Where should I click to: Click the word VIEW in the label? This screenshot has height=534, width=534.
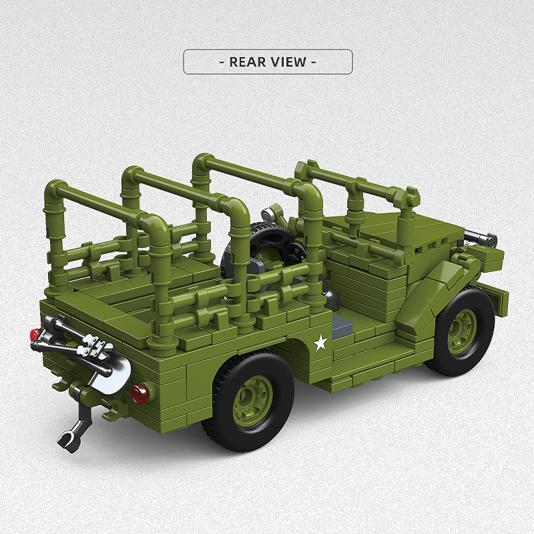(288, 62)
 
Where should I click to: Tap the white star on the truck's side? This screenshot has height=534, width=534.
(321, 343)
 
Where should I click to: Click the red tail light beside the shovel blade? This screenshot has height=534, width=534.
(139, 394)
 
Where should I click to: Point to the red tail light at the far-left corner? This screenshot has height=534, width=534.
(35, 334)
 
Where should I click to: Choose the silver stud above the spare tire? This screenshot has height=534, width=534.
(268, 214)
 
